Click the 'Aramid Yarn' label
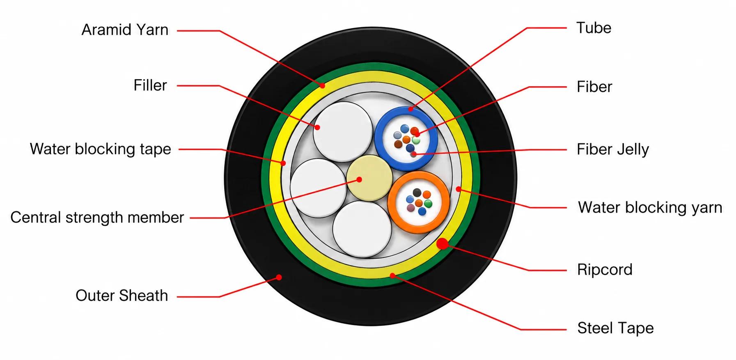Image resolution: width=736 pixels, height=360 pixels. tap(125, 30)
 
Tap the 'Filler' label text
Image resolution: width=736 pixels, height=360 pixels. tap(150, 85)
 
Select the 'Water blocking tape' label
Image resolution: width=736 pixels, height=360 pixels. tap(100, 149)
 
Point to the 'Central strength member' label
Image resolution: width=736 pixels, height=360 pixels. tap(97, 218)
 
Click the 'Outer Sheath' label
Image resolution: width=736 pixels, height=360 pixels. tap(122, 296)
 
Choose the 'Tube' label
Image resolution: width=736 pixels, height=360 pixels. tap(594, 28)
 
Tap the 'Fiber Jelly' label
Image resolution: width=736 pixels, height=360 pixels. tap(612, 149)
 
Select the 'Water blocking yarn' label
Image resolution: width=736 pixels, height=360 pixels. tap(650, 208)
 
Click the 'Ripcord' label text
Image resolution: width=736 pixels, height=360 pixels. tap(605, 270)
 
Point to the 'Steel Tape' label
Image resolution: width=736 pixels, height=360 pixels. tap(615, 328)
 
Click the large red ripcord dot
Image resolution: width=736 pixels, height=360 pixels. tap(442, 244)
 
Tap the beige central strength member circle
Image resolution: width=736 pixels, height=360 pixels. tap(369, 178)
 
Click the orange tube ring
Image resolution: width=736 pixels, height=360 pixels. tap(418, 174)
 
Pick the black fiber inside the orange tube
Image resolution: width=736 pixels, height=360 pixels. tap(417, 193)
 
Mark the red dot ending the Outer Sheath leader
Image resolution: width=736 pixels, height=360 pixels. tap(279, 277)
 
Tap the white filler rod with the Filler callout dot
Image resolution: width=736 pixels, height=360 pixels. tap(343, 131)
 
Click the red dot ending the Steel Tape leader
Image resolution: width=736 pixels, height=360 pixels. tap(392, 275)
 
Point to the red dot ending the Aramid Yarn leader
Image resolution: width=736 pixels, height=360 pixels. tap(323, 86)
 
